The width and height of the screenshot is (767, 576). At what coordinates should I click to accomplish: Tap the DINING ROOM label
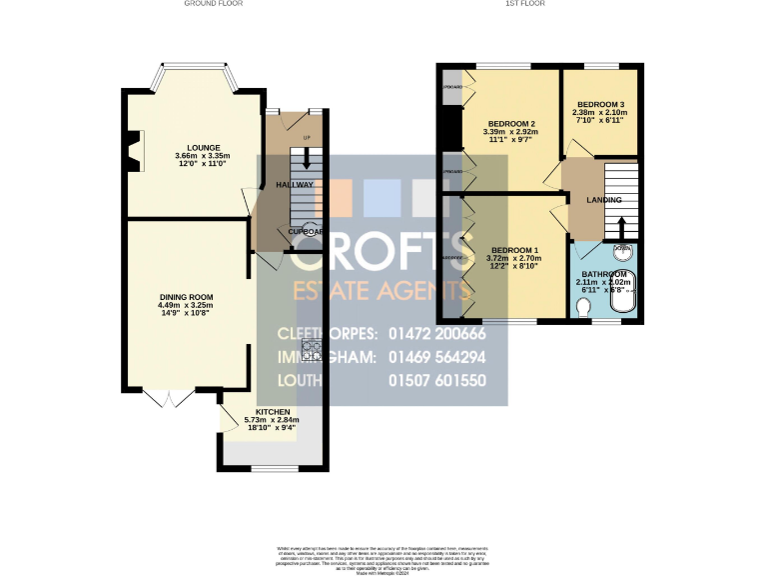click(187, 297)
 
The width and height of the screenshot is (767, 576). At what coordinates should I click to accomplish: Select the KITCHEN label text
click(273, 412)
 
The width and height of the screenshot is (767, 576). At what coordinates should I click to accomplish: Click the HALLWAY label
click(295, 185)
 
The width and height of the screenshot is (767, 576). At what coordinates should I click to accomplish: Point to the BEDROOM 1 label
click(514, 249)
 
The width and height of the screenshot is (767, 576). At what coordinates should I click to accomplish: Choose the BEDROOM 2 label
click(511, 122)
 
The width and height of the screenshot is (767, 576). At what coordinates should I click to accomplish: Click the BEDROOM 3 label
click(600, 105)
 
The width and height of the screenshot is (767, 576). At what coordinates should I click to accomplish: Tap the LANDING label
click(604, 200)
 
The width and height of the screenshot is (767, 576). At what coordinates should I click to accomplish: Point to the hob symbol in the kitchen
click(312, 350)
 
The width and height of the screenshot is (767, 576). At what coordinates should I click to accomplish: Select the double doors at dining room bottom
click(169, 397)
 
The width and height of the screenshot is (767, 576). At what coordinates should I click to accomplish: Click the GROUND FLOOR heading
click(213, 4)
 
